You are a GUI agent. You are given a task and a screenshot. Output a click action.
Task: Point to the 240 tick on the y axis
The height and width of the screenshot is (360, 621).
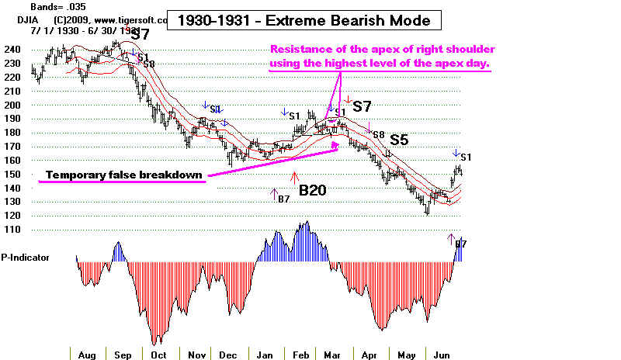point(13,49)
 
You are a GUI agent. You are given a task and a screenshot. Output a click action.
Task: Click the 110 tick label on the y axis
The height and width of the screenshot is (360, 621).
point(13,230)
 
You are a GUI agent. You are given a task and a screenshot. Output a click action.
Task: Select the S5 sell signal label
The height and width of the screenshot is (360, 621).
point(399,140)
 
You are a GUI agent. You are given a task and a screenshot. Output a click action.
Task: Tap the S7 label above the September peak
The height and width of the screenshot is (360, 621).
point(140,34)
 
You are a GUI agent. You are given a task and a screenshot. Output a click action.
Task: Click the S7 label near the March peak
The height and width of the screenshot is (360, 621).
point(362,106)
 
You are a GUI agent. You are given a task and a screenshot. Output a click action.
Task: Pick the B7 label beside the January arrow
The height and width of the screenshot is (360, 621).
point(283,199)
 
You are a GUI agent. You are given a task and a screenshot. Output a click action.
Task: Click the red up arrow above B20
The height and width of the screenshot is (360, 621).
point(293,178)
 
